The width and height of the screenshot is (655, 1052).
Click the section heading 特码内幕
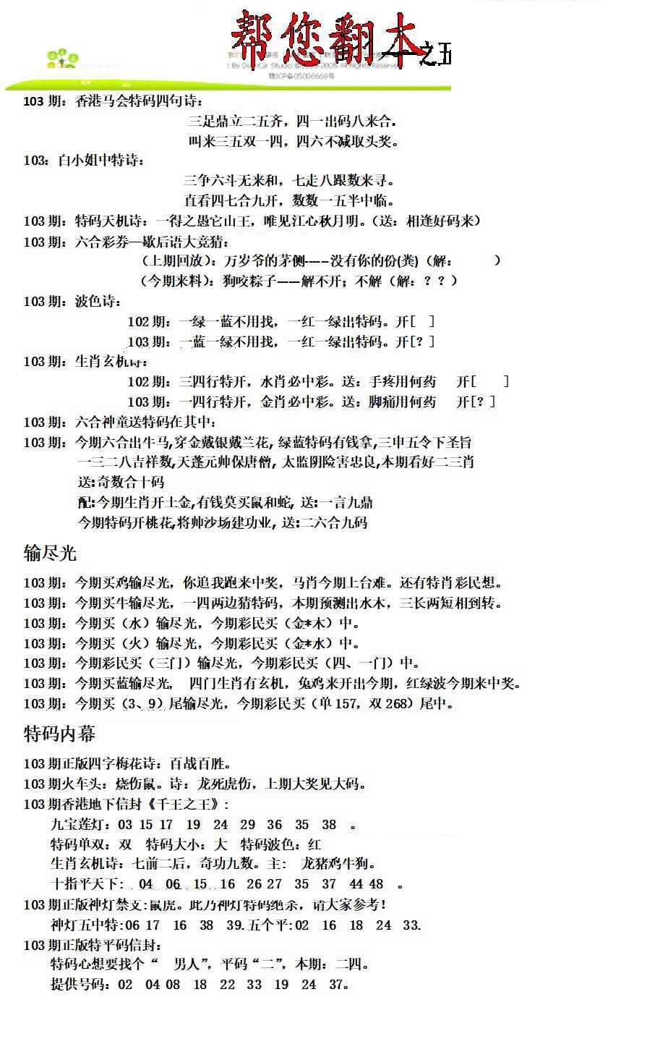tap(59, 734)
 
